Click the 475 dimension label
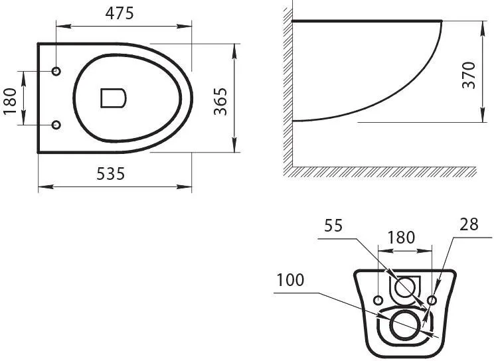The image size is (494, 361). (120, 13)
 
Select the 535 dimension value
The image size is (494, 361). (111, 174)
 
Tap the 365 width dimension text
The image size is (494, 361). (220, 102)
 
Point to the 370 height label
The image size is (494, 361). (469, 75)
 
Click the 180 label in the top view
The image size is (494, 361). (10, 102)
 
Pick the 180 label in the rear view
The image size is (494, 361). (401, 238)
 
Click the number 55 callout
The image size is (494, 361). (333, 226)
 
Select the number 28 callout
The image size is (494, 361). (469, 224)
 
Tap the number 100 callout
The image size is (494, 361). (290, 280)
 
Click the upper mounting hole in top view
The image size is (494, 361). (56, 71)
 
